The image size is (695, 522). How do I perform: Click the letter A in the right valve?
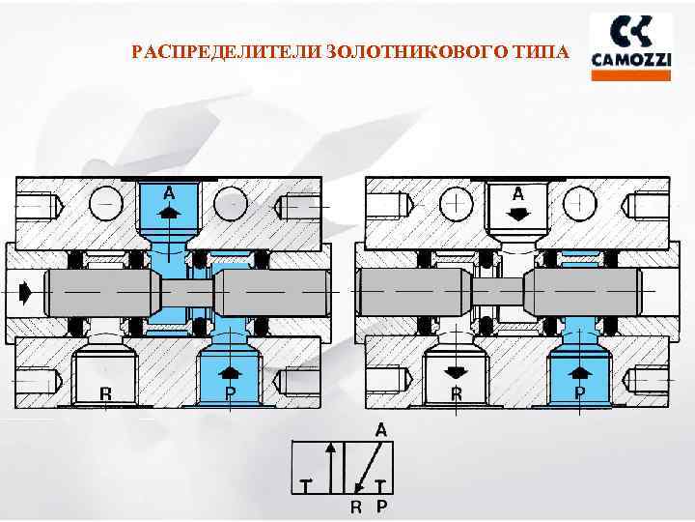pyautogui.click(x=518, y=190)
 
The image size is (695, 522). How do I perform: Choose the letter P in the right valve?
pyautogui.click(x=580, y=393)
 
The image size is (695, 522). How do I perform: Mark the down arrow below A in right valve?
pyautogui.click(x=518, y=214)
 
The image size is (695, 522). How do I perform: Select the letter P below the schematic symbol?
pyautogui.click(x=381, y=504)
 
